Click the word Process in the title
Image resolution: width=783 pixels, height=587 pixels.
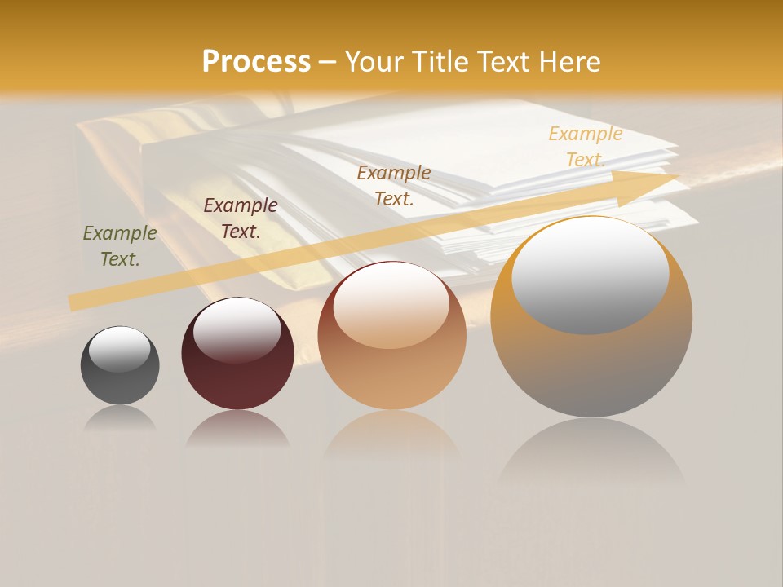pyautogui.click(x=256, y=62)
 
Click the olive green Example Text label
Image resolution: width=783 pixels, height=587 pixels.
pyautogui.click(x=120, y=246)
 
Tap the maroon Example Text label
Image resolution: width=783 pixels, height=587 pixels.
pyautogui.click(x=241, y=218)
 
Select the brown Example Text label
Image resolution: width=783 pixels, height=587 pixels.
pyautogui.click(x=394, y=186)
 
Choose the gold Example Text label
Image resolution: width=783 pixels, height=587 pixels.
pyautogui.click(x=585, y=147)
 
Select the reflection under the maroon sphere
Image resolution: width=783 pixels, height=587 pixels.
pyautogui.click(x=237, y=427)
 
